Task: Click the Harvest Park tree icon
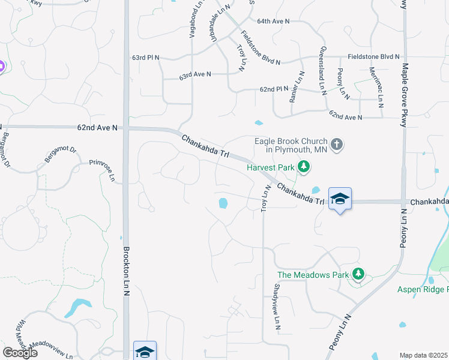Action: point(305,167)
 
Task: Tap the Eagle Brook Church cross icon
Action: point(337,145)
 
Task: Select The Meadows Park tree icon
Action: point(358,274)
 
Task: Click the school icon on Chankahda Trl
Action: point(340,199)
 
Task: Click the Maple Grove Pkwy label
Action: point(405,95)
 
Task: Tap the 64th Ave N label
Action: point(273,21)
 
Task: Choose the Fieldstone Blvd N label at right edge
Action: point(373,56)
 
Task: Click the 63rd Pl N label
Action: point(146,58)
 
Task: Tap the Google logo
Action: point(20,352)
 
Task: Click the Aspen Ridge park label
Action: point(423,290)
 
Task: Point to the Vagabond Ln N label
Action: point(193,20)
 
